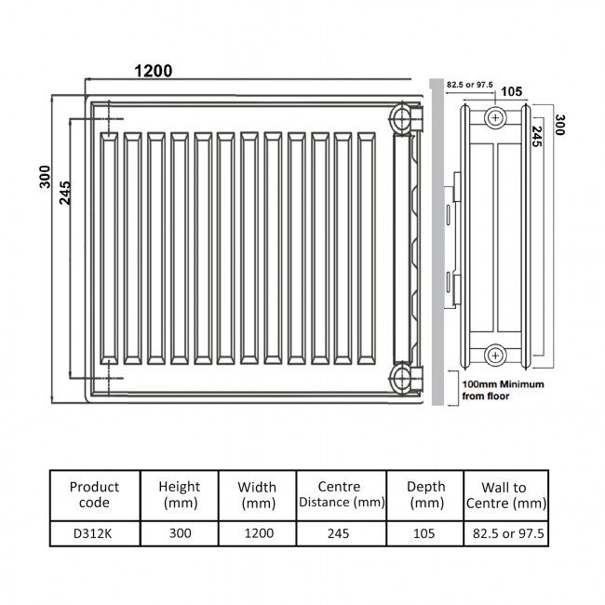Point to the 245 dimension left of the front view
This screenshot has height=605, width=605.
pos(64,191)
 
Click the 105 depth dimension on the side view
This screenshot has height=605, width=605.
pos(510,91)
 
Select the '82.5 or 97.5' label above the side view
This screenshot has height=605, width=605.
pos(468,84)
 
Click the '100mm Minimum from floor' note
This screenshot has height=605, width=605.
pos(504,389)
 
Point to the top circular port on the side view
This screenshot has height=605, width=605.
pos(495,117)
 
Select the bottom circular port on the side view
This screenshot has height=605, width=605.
pos(495,355)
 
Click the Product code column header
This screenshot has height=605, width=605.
pos(95,494)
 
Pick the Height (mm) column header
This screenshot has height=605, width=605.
pos(180,494)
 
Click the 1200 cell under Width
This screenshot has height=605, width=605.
pos(257,535)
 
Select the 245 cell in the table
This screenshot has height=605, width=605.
pos(339,535)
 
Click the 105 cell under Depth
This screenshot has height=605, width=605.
pos(426,535)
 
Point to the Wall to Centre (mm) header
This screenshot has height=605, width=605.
pos(504,495)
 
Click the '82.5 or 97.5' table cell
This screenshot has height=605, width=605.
pos(504,535)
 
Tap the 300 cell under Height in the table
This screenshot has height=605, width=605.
pos(180,535)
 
